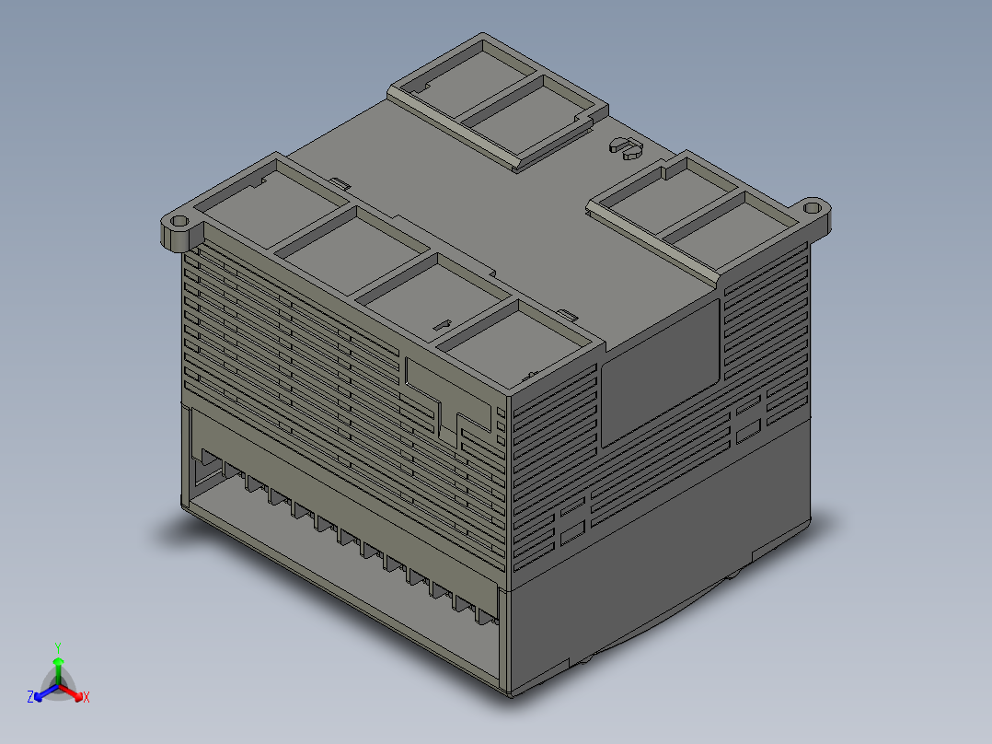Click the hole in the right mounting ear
coord(812,208)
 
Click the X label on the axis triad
coord(87,698)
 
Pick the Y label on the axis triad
coord(57,647)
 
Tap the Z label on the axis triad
coord(30,698)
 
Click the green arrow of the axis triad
coord(57,667)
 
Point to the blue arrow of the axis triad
coord(43,692)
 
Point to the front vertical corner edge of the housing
coord(509,543)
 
